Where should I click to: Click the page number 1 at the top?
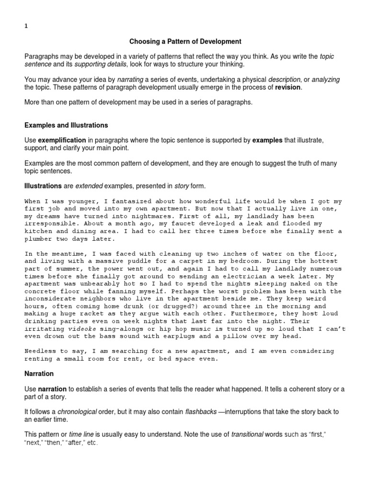coord(26,27)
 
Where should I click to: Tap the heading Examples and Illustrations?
coord(66,125)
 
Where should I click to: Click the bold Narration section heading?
coord(39,373)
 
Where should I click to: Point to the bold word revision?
coord(287,88)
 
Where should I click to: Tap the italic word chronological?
coord(77,412)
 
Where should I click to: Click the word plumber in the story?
coord(38,238)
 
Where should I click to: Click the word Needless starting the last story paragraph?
coord(40,351)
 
